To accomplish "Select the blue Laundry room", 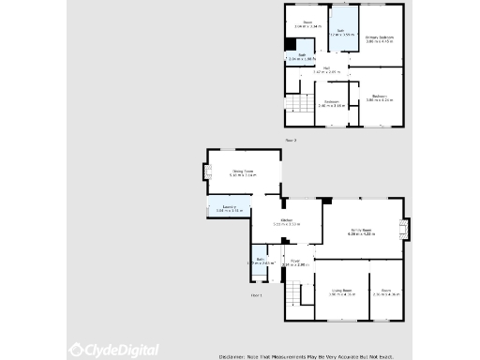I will coord(230,208).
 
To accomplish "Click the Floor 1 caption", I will coord(257,295).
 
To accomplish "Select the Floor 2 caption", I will coord(291,140).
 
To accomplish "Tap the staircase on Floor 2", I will coord(298,105).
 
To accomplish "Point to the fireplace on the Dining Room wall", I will coord(206,172).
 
